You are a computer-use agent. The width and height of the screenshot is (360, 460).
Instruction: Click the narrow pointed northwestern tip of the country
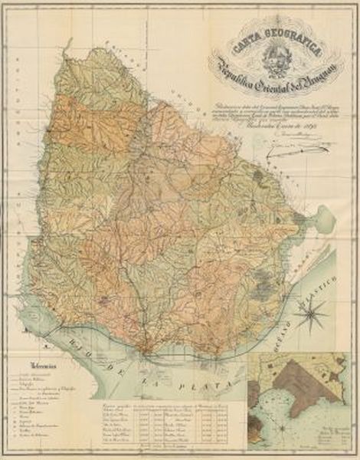[x=91, y=51]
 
